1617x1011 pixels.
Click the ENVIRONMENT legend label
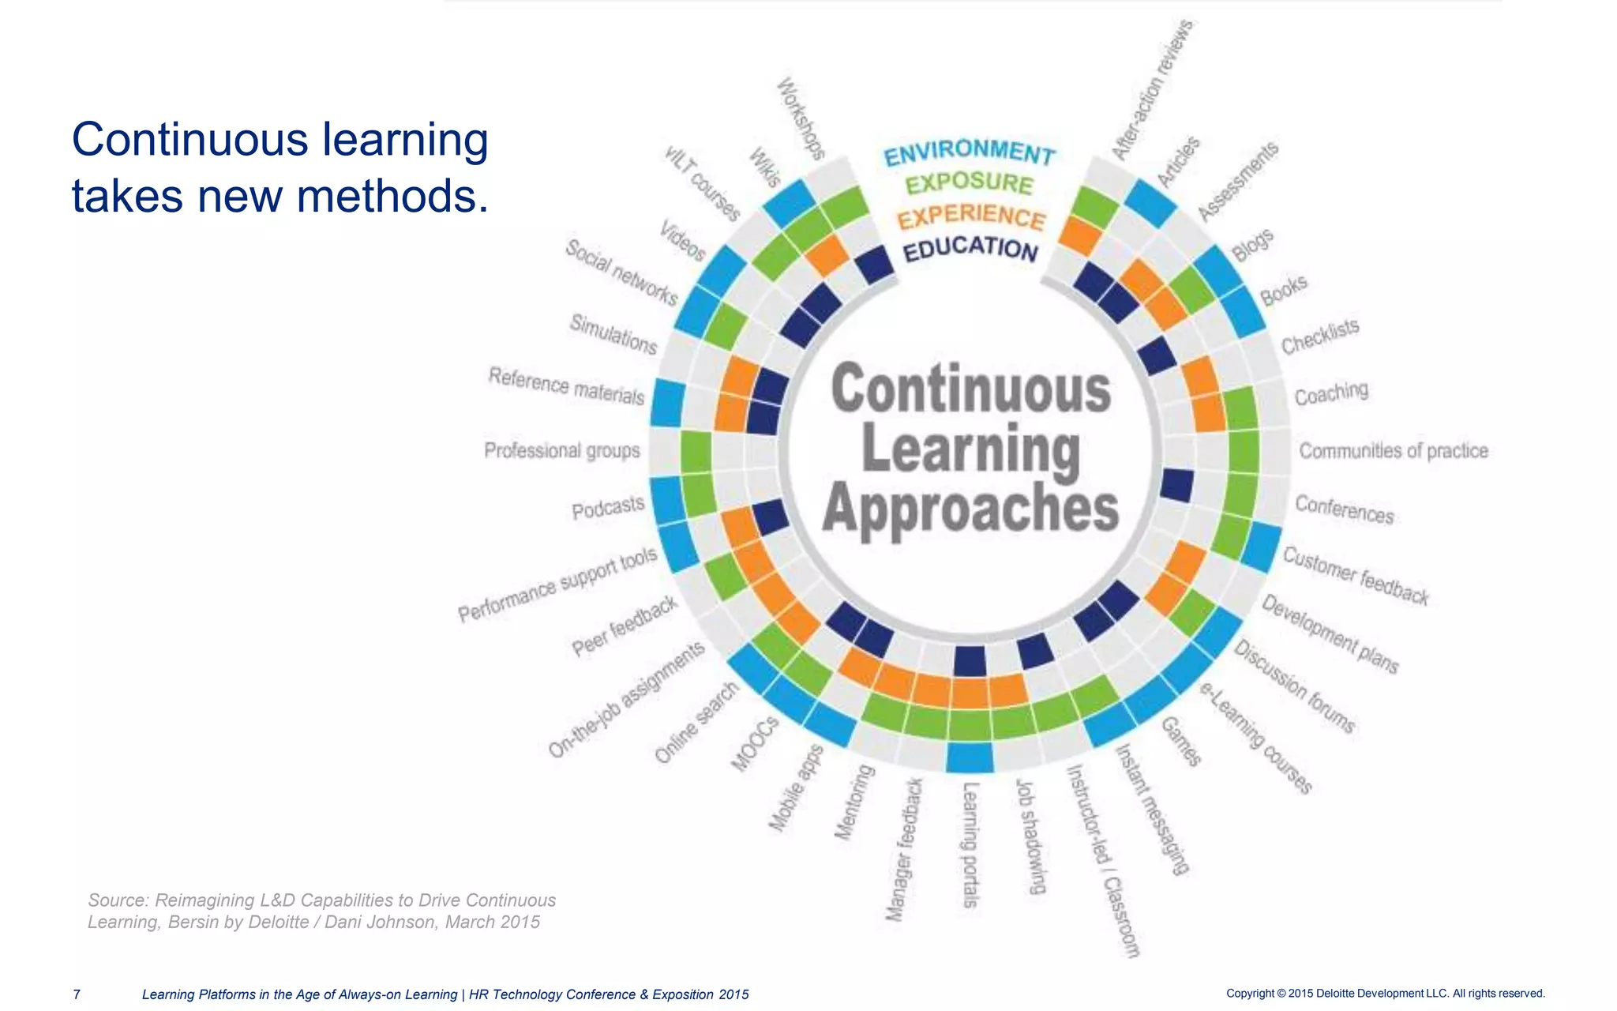pyautogui.click(x=970, y=152)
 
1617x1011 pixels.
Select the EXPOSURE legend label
pyautogui.click(x=970, y=184)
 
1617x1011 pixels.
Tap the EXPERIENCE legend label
pyautogui.click(x=971, y=216)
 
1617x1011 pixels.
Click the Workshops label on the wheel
pyautogui.click(x=801, y=118)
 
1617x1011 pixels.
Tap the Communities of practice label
pyautogui.click(x=1394, y=451)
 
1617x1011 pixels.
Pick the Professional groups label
pyautogui.click(x=561, y=450)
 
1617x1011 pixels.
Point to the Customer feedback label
pyautogui.click(x=1356, y=576)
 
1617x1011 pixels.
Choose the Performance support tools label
pyautogui.click(x=557, y=584)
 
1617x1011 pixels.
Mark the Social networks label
pyautogui.click(x=621, y=272)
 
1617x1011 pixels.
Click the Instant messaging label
pyautogui.click(x=1151, y=810)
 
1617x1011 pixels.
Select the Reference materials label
pyautogui.click(x=566, y=385)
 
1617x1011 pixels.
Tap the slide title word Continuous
pyautogui.click(x=189, y=140)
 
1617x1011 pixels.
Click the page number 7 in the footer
pyautogui.click(x=77, y=994)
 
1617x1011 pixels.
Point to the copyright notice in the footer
pyautogui.click(x=1385, y=994)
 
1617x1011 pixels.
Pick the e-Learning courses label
pyautogui.click(x=1256, y=737)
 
